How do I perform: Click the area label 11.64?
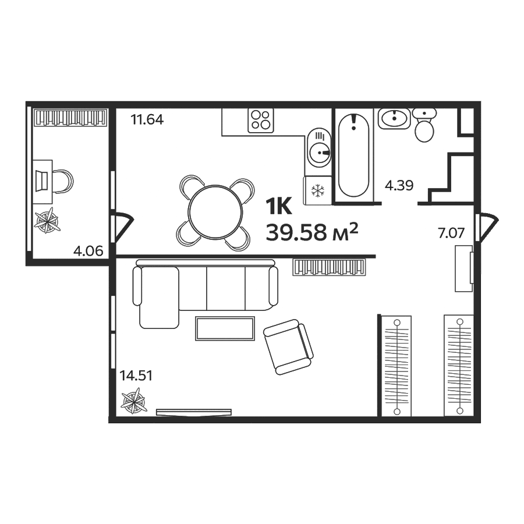[147, 119]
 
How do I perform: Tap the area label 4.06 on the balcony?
[88, 251]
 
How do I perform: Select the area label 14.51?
[136, 376]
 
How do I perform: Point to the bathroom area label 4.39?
[399, 185]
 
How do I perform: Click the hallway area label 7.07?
[451, 233]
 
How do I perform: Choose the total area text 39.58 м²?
[312, 232]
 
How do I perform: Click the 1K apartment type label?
[279, 206]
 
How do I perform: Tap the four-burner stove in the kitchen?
[261, 121]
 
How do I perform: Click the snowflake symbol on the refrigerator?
[317, 191]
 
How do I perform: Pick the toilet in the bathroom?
[424, 125]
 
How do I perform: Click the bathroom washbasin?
[394, 118]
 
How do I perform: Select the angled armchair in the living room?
[288, 346]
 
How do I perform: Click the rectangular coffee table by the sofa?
[225, 328]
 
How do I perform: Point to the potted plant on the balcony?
[48, 221]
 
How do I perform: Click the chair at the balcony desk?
[63, 182]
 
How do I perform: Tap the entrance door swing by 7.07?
[487, 227]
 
